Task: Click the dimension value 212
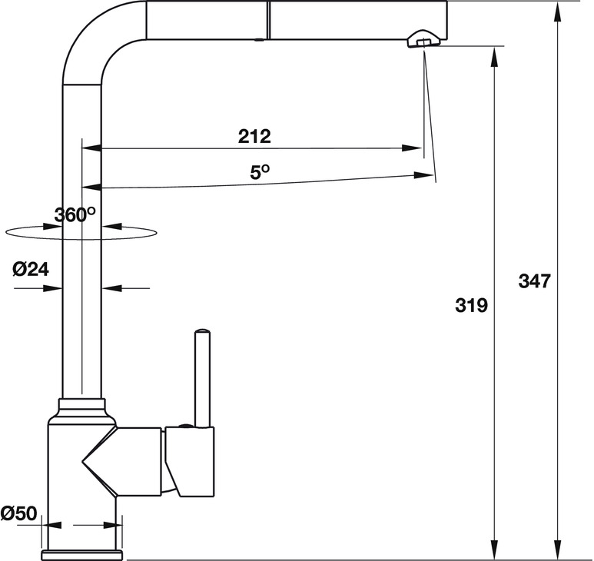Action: [x=254, y=137]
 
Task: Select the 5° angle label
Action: [x=260, y=172]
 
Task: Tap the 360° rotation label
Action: [x=75, y=215]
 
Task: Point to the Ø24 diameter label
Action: [x=32, y=269]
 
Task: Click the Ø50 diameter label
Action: [x=19, y=513]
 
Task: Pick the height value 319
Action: [x=471, y=306]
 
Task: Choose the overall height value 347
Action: [x=534, y=281]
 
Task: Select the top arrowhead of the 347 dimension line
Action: [x=559, y=8]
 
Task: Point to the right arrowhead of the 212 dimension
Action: [x=414, y=148]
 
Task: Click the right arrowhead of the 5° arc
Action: [x=422, y=175]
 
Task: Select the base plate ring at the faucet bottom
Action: [x=81, y=554]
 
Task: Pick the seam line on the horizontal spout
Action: [x=267, y=18]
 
